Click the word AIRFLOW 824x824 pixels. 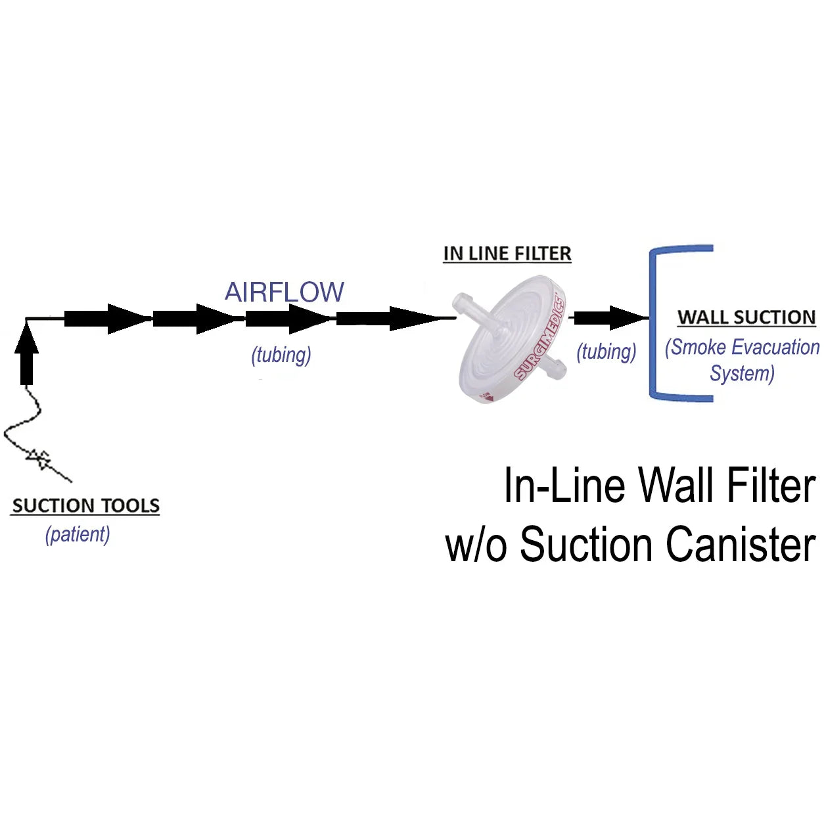click(x=284, y=292)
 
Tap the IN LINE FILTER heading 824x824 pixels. click(x=507, y=254)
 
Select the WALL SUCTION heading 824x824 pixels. click(x=746, y=317)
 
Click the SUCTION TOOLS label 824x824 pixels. click(x=85, y=506)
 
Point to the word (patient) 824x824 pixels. click(x=78, y=534)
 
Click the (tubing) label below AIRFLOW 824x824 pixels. click(x=281, y=355)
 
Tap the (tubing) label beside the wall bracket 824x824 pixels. click(x=606, y=352)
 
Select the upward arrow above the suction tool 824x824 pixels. click(x=26, y=355)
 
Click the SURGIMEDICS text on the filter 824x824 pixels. click(x=539, y=339)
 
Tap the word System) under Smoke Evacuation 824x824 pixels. click(x=742, y=373)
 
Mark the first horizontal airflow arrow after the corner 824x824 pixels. click(x=105, y=319)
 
